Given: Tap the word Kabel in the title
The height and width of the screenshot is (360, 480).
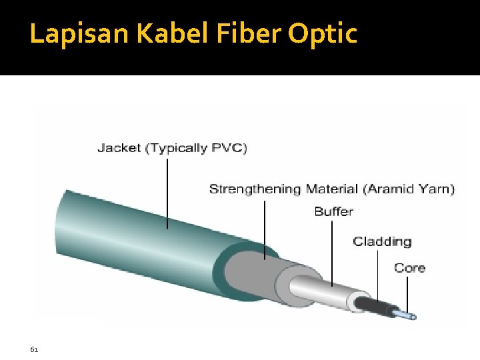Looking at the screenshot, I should pos(157,34).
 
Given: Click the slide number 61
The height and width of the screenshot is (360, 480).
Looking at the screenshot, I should pos(34,349).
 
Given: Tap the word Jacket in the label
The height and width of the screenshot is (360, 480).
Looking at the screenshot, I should pos(119,148).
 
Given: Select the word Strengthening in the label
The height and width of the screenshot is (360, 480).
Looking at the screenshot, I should pos(255,189).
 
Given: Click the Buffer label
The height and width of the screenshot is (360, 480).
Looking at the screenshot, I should pos(333,211).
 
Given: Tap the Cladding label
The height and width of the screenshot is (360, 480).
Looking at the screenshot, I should pos(382,241).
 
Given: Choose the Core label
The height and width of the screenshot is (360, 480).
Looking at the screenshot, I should pos(409,268).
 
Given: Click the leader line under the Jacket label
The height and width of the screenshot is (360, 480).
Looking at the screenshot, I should pos(167,193).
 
